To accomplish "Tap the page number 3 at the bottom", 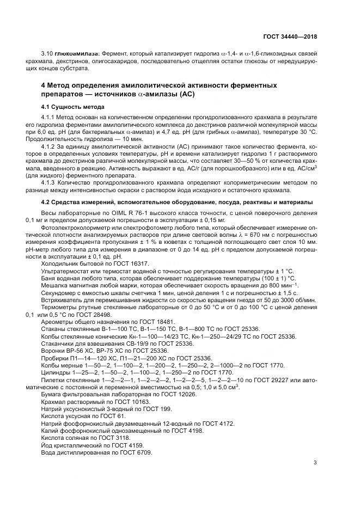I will pyautogui.click(x=315, y=463).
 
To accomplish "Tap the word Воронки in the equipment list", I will pyautogui.click(x=53, y=351).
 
